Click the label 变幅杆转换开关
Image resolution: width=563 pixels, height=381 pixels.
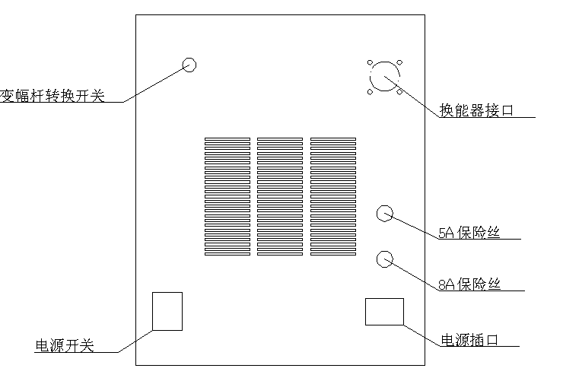(x=52, y=96)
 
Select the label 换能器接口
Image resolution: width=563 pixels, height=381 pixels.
(x=476, y=110)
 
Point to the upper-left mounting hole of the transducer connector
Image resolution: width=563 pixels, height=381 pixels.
(x=370, y=63)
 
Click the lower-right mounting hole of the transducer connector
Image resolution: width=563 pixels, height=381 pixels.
(x=399, y=92)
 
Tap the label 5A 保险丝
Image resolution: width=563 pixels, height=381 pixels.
(x=469, y=233)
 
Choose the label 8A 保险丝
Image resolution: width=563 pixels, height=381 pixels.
(x=469, y=284)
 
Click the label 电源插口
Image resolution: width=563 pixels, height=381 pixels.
(x=469, y=340)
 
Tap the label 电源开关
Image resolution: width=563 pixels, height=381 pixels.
(x=65, y=345)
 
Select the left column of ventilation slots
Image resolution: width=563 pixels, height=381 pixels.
(x=227, y=197)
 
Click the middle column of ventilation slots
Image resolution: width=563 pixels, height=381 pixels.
(x=280, y=197)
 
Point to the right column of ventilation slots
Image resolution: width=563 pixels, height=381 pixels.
(x=333, y=197)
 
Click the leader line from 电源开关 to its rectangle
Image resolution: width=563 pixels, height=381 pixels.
(x=135, y=341)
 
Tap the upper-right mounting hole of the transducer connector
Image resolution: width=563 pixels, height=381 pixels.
(x=400, y=63)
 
